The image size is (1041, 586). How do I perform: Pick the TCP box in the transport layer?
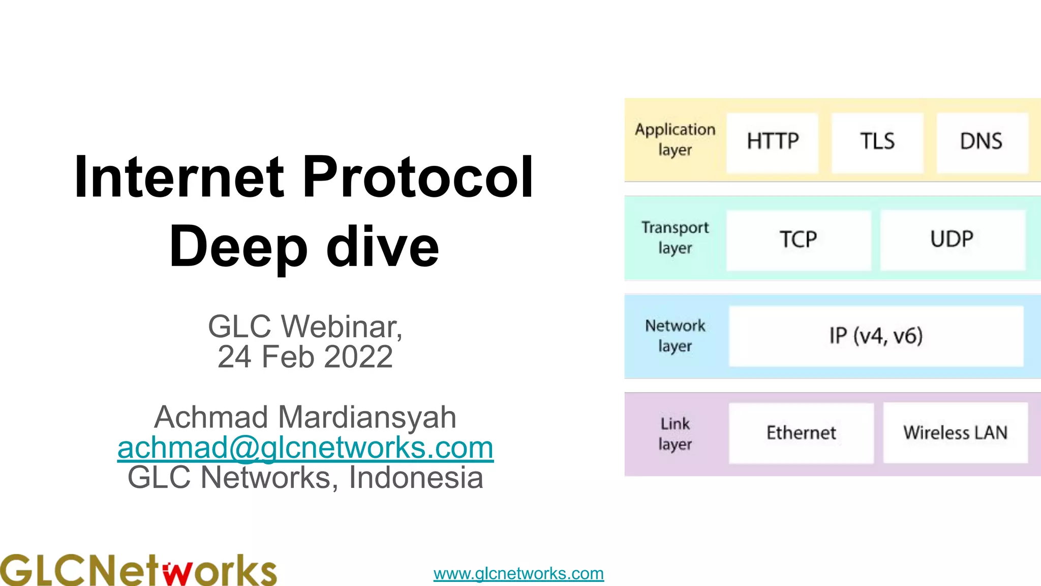coord(798,240)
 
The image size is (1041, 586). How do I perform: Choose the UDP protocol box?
coord(952,240)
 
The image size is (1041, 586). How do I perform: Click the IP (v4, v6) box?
coord(876,336)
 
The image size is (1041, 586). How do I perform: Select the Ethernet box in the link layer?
coord(801,433)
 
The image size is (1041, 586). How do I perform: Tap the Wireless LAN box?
coord(955,433)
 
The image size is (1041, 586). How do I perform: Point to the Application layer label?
coord(675,140)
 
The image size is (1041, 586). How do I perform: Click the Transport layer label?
coord(675,238)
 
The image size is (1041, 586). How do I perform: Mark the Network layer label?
coord(675,336)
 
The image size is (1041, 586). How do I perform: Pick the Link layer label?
coord(675,434)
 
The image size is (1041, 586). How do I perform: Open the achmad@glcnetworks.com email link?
coord(305,448)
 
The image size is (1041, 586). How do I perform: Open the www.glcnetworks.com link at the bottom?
coord(518,574)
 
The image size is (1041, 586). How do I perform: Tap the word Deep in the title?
coord(238,247)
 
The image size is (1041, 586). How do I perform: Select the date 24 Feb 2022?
coord(305,357)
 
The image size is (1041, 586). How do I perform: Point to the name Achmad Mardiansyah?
coord(305,417)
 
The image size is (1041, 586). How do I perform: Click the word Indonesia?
coord(416,478)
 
